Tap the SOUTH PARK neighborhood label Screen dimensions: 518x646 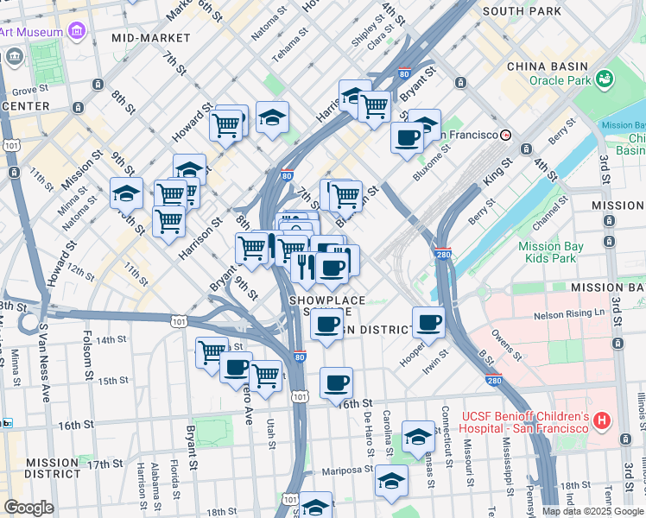pyautogui.click(x=522, y=11)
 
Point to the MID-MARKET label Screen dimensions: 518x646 pyautogui.click(x=151, y=38)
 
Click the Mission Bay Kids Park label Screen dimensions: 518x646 pyautogui.click(x=551, y=252)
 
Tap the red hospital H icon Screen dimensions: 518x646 pyautogui.click(x=603, y=421)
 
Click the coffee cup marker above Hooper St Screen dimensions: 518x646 pyautogui.click(x=428, y=323)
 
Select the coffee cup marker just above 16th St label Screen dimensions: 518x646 pyautogui.click(x=337, y=381)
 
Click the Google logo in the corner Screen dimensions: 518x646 pyautogui.click(x=28, y=508)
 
